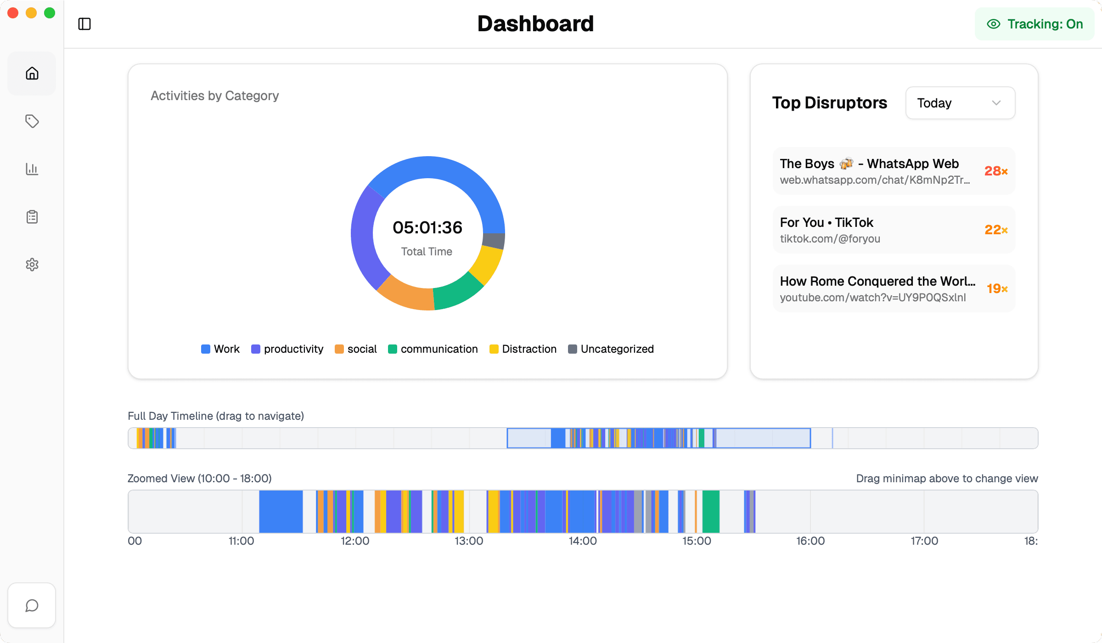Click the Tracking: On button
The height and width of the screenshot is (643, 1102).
1035,24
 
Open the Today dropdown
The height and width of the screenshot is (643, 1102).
960,103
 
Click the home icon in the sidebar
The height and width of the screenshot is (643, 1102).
32,73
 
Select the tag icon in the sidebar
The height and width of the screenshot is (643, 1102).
32,121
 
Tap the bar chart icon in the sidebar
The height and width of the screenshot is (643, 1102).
32,169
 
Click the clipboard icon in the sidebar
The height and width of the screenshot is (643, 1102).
32,217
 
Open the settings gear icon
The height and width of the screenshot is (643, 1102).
32,265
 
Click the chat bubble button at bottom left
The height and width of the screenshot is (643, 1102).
32,605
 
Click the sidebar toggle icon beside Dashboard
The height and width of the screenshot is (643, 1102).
84,24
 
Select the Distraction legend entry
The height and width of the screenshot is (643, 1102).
523,349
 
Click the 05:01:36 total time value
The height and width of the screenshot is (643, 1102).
427,228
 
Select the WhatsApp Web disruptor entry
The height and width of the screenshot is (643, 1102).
875,171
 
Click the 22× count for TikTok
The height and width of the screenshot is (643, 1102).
995,230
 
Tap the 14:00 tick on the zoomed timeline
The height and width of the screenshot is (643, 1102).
583,541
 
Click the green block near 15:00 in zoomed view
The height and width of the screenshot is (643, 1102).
711,512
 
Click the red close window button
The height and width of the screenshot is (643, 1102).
13,13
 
